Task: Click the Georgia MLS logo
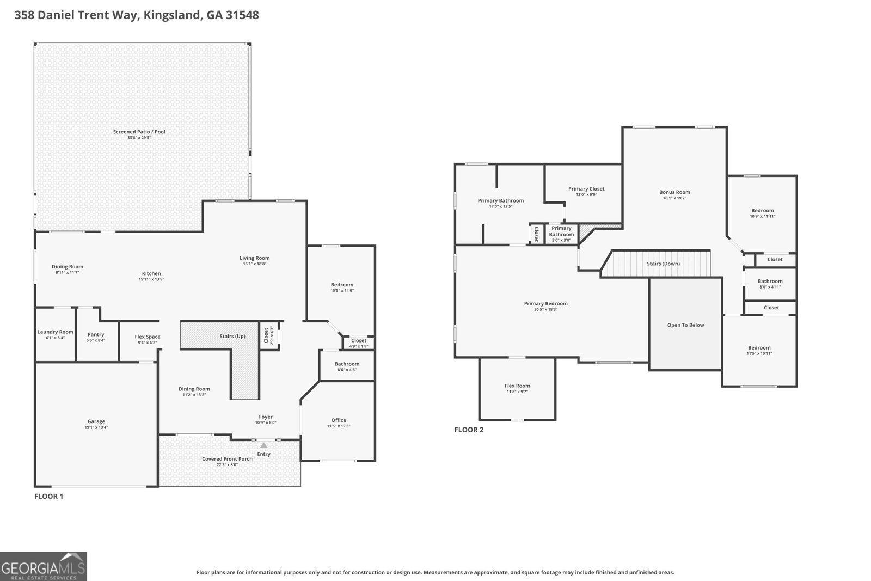(x=43, y=566)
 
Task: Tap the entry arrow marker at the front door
(x=263, y=445)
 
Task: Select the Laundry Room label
(x=55, y=332)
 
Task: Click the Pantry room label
(x=96, y=334)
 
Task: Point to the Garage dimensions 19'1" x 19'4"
(x=96, y=427)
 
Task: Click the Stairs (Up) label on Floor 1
(x=232, y=336)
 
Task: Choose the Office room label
(x=339, y=420)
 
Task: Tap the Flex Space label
(x=148, y=337)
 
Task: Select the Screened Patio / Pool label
(x=139, y=132)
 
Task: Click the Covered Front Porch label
(x=227, y=458)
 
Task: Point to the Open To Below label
(x=685, y=325)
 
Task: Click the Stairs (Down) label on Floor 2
(x=663, y=264)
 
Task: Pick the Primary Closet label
(x=586, y=189)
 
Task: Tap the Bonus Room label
(x=674, y=192)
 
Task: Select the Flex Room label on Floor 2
(x=517, y=386)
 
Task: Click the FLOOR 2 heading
(x=469, y=430)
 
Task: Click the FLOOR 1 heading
(x=49, y=496)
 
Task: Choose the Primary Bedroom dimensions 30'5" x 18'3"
(x=545, y=309)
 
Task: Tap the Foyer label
(x=266, y=417)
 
